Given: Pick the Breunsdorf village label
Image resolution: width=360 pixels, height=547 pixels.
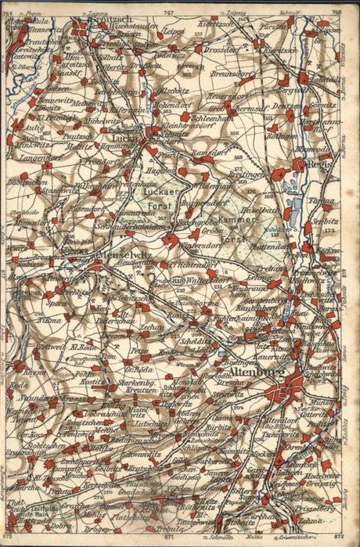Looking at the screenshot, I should tap(228, 75).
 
